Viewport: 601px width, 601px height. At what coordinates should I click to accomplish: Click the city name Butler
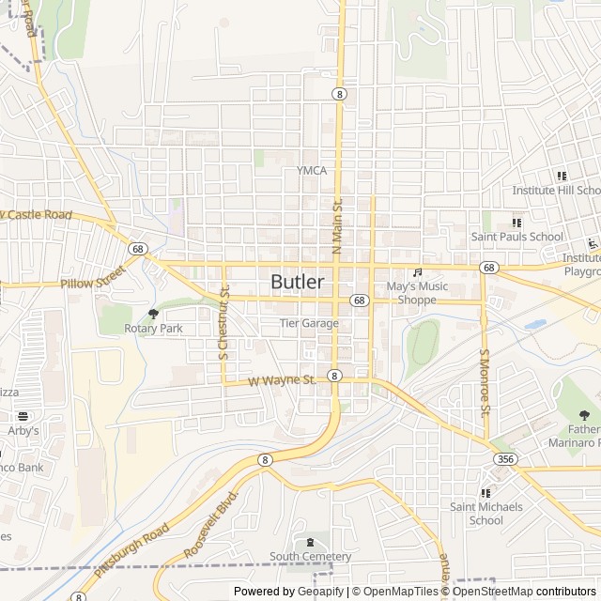click(x=298, y=282)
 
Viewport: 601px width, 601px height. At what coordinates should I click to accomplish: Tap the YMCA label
click(x=312, y=170)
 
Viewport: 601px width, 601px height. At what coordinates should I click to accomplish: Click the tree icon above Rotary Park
click(x=154, y=314)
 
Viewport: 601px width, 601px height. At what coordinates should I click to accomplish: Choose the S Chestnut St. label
click(x=224, y=324)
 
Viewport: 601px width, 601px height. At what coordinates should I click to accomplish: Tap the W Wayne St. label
click(x=282, y=380)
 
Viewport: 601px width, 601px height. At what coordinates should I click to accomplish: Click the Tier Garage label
click(x=309, y=323)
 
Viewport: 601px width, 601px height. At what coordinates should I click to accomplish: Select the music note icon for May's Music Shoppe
click(x=418, y=272)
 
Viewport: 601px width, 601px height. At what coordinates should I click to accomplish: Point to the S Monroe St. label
click(x=485, y=383)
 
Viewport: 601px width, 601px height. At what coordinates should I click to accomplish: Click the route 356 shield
click(x=505, y=458)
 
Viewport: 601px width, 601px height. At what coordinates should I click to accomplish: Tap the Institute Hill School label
click(x=555, y=190)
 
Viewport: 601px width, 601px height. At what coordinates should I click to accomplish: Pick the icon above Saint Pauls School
click(x=516, y=223)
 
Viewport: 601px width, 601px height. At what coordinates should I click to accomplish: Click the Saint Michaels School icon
click(x=485, y=493)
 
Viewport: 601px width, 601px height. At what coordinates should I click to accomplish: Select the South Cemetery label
click(x=311, y=557)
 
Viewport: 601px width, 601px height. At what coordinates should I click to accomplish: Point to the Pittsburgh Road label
click(x=131, y=551)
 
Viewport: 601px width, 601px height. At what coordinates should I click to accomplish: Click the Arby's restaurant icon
click(x=23, y=416)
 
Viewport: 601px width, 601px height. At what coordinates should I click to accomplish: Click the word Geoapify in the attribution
click(x=319, y=592)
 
